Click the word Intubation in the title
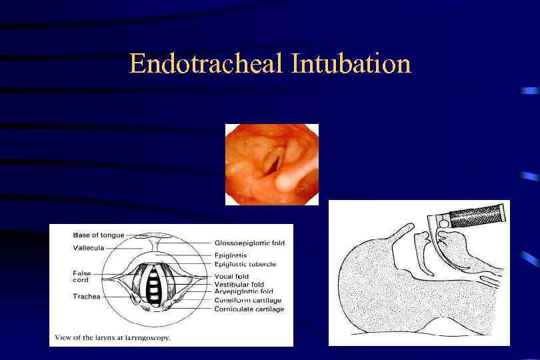coord(351,64)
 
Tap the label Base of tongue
coord(98,235)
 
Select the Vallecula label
coord(88,248)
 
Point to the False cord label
coord(82,276)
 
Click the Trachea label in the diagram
coord(87,296)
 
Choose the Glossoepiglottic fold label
coord(249,243)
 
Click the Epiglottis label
coord(231,255)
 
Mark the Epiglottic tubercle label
coord(245,264)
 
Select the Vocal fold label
coord(232,276)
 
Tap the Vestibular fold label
coord(239,285)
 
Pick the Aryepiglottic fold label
coord(244,292)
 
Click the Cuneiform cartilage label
coord(248,301)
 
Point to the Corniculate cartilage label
coord(249,309)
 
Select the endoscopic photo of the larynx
coord(271,164)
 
